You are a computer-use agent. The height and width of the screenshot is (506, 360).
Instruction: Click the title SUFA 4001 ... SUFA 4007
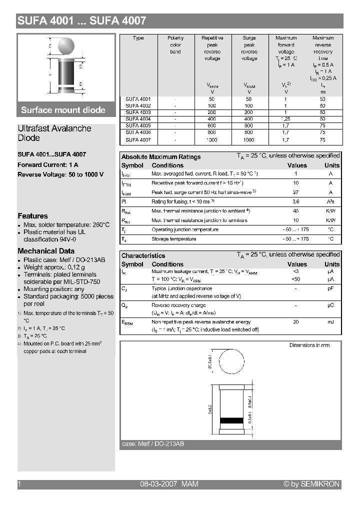(82, 21)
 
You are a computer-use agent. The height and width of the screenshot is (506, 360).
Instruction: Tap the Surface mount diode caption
(63, 110)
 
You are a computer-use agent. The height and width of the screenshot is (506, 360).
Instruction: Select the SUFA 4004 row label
(138, 119)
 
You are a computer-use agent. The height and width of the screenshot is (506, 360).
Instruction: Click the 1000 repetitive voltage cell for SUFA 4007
(212, 140)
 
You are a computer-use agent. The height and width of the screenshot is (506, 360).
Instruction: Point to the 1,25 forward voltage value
(286, 119)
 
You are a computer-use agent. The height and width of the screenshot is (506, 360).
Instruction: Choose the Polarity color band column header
(175, 44)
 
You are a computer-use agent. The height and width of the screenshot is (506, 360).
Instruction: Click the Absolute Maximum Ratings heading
(161, 157)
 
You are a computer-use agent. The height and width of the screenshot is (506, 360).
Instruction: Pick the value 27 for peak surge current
(296, 192)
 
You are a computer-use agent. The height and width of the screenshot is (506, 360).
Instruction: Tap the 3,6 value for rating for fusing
(296, 201)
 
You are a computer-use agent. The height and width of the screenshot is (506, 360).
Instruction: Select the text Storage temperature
(174, 239)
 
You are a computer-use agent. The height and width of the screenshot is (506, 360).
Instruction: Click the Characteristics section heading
(143, 255)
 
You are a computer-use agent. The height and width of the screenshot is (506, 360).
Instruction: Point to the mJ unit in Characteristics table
(330, 322)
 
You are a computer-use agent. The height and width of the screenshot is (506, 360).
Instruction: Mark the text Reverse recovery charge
(178, 305)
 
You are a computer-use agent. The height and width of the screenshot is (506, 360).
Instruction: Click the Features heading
(32, 216)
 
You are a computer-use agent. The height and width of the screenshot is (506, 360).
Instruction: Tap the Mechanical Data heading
(46, 251)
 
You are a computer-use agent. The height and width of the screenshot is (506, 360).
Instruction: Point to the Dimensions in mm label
(309, 345)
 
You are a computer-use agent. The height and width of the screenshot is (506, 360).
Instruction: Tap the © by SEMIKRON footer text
(311, 484)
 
